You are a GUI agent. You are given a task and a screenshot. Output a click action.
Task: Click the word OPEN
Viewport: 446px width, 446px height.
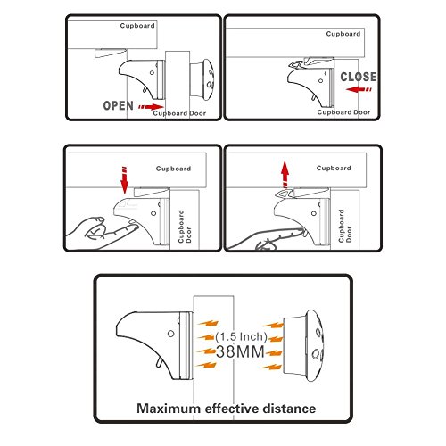[118, 105]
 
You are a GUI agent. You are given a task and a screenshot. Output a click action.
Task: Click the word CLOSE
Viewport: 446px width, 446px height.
[359, 77]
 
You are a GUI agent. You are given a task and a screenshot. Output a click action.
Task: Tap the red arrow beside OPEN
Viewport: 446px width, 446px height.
[151, 107]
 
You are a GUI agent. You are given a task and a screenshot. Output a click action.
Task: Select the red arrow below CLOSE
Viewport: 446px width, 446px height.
[359, 89]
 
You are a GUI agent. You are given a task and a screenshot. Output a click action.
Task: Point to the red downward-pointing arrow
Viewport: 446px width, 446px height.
[125, 180]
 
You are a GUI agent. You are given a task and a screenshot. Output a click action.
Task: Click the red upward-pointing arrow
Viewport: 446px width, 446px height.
[285, 175]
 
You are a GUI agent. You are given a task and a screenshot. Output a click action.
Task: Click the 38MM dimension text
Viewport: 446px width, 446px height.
[240, 351]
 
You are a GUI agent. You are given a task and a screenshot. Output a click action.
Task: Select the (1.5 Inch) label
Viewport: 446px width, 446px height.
[241, 336]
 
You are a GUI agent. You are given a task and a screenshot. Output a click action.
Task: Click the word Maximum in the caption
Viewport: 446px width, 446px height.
[169, 409]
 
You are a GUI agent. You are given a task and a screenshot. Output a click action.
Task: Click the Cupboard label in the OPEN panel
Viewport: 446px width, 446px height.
[137, 26]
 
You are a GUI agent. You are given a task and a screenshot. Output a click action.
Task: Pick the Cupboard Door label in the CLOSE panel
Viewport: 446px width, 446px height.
[343, 112]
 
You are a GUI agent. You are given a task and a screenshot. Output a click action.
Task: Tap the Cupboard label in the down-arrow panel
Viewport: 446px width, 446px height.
[173, 169]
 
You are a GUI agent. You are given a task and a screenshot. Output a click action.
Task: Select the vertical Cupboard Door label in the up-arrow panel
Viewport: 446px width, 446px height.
[345, 226]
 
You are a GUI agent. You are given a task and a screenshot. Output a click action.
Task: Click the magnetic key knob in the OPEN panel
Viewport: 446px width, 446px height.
[202, 78]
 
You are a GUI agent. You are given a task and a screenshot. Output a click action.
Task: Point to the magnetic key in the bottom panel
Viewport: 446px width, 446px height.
[303, 346]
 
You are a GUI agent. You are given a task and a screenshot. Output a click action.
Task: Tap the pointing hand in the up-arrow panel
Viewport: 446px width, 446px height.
[268, 239]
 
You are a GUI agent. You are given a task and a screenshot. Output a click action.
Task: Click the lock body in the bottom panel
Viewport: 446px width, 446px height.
[154, 345]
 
